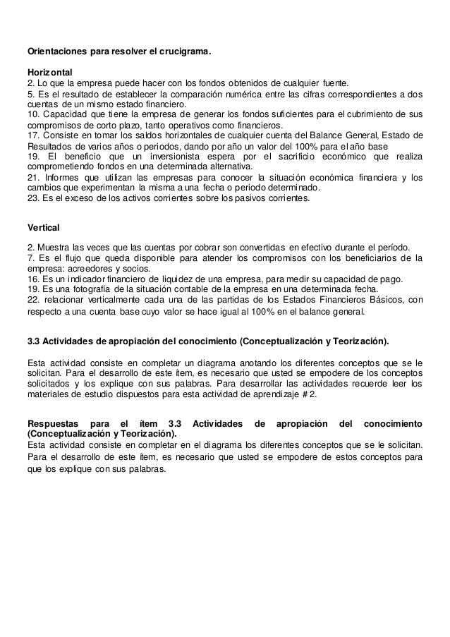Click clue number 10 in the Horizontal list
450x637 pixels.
(x=32, y=114)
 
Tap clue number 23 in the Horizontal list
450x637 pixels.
(x=32, y=198)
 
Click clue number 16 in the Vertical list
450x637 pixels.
(x=32, y=279)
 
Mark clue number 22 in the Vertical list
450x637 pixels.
(x=32, y=299)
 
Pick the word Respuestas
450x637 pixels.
(x=52, y=423)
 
